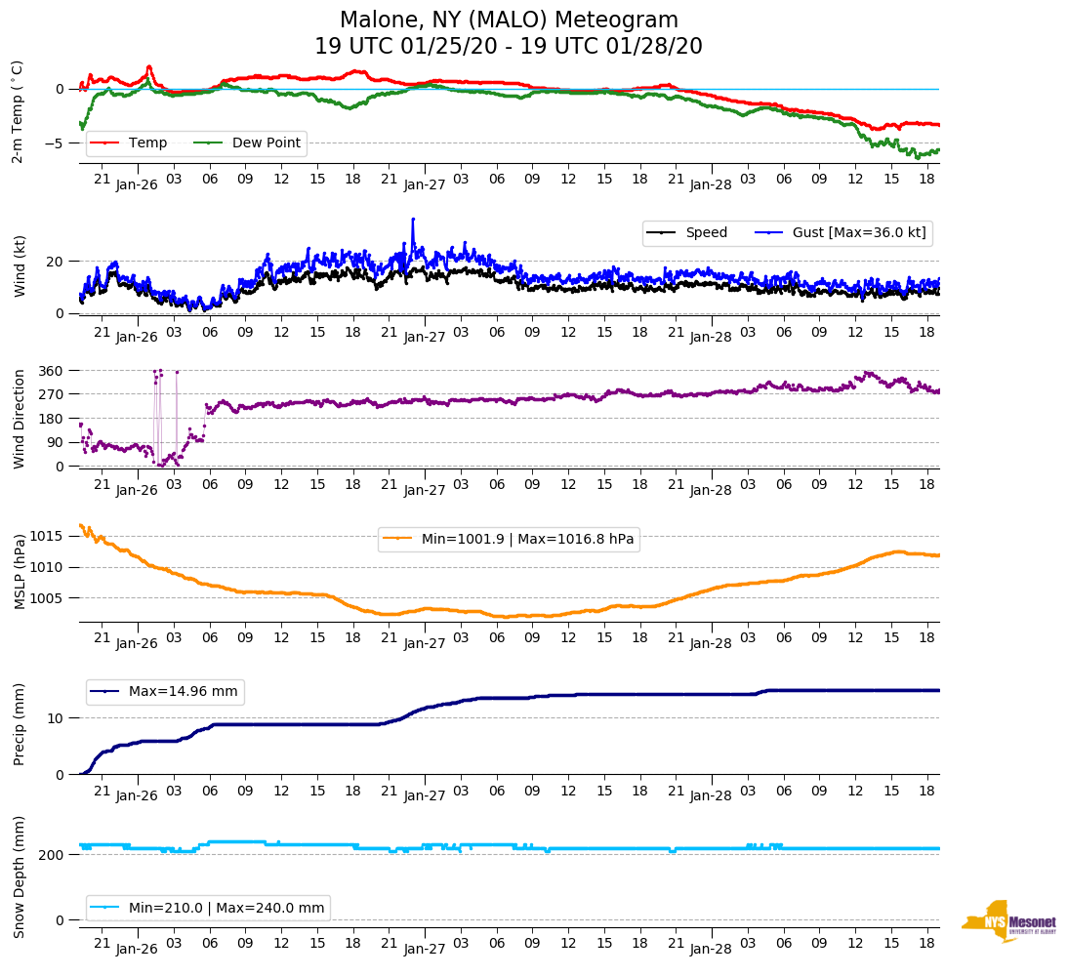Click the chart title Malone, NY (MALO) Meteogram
click(x=508, y=20)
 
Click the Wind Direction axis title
click(x=20, y=418)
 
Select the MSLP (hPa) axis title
click(x=20, y=572)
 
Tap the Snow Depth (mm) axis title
click(x=20, y=876)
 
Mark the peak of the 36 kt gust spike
click(x=413, y=219)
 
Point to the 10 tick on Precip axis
click(x=57, y=718)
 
